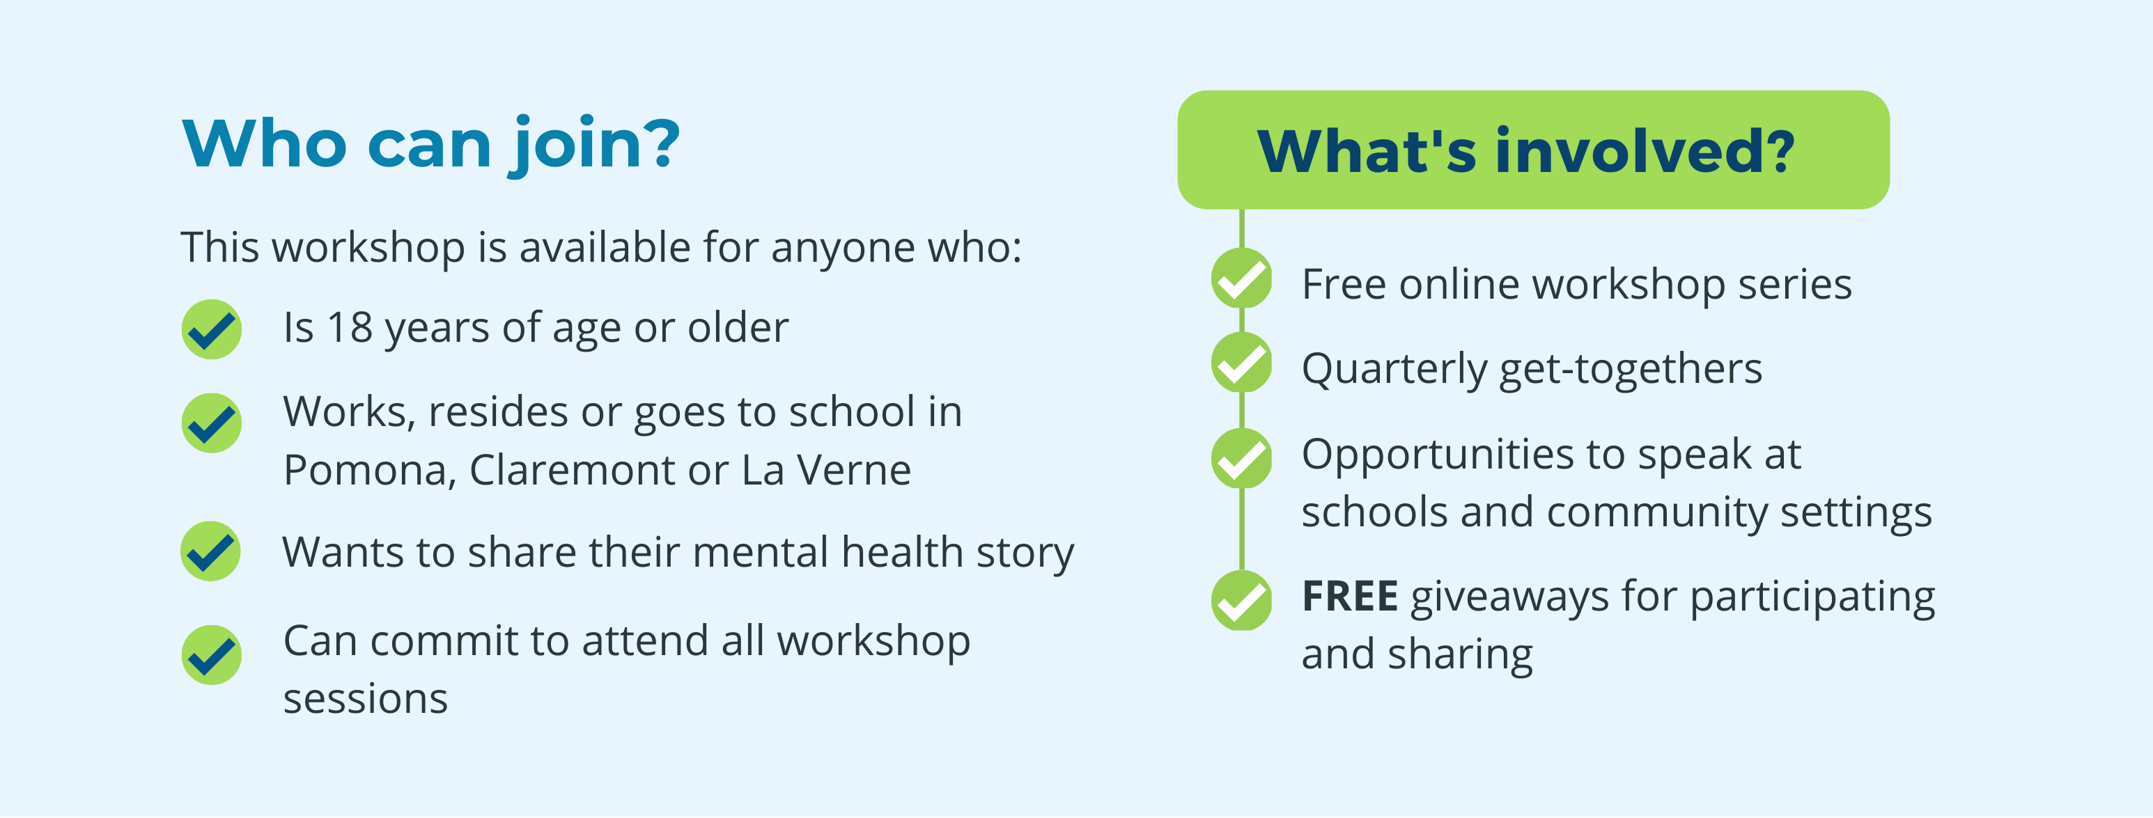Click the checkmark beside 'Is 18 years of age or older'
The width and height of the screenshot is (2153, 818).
(212, 329)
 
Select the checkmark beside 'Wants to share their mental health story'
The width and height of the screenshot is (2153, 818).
(210, 551)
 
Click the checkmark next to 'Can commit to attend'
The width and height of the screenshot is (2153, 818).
(212, 655)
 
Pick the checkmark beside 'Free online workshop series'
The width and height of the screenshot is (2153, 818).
(1242, 278)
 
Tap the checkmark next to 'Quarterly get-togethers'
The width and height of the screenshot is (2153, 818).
(1242, 363)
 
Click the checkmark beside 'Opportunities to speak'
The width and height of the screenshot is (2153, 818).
(1242, 459)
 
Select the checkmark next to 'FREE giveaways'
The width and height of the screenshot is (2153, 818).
(1242, 601)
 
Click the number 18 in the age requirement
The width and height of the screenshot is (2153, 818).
(350, 327)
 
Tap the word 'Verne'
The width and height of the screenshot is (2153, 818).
(853, 471)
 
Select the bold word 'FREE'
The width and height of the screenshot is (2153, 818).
(1350, 597)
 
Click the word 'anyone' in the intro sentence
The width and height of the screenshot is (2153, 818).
(832, 249)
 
